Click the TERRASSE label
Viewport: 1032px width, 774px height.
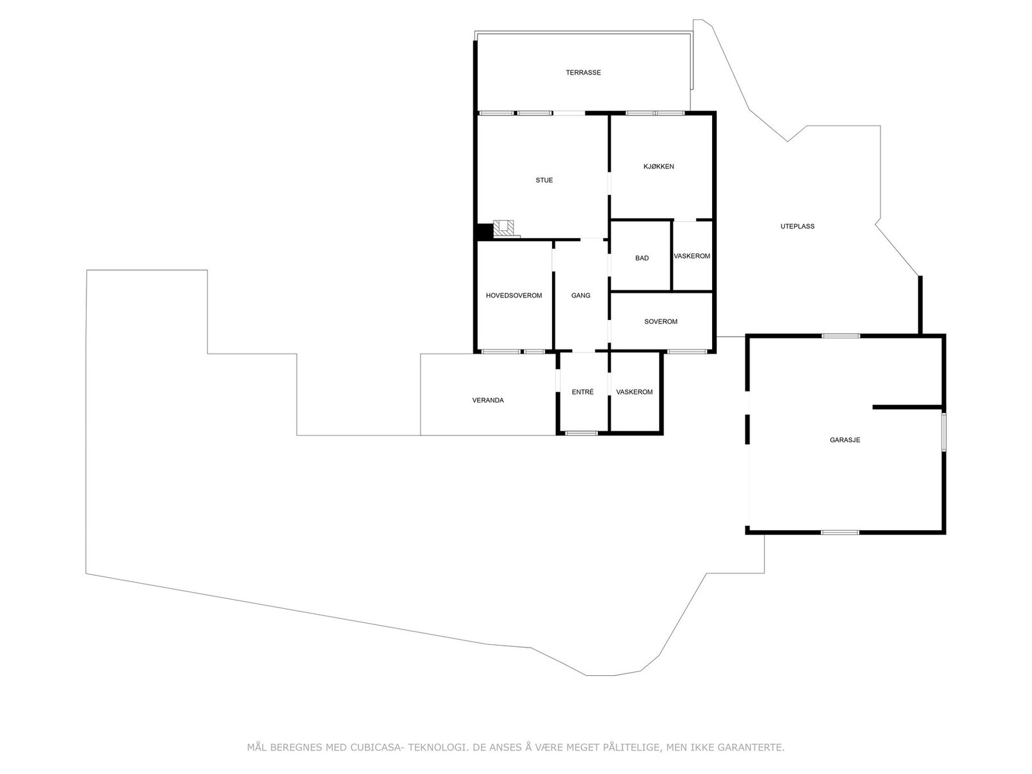[583, 73]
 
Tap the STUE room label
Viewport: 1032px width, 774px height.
[544, 181]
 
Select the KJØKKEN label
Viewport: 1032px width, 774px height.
[659, 166]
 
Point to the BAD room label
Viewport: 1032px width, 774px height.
[642, 259]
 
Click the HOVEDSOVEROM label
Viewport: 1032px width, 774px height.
[513, 295]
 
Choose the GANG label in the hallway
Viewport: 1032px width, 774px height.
[580, 295]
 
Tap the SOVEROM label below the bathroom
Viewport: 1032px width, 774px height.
[660, 321]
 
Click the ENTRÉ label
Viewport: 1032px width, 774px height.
[582, 392]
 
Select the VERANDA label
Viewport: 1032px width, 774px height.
[488, 401]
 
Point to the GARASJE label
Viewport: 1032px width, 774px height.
[844, 441]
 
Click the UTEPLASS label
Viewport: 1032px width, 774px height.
[797, 226]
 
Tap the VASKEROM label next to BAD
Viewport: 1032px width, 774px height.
[691, 256]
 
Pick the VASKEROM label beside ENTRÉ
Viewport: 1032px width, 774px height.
[634, 392]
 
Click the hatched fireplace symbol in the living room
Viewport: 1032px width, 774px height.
[504, 227]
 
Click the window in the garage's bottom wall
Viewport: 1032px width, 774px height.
[840, 532]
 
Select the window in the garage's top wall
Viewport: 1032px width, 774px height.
[840, 335]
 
